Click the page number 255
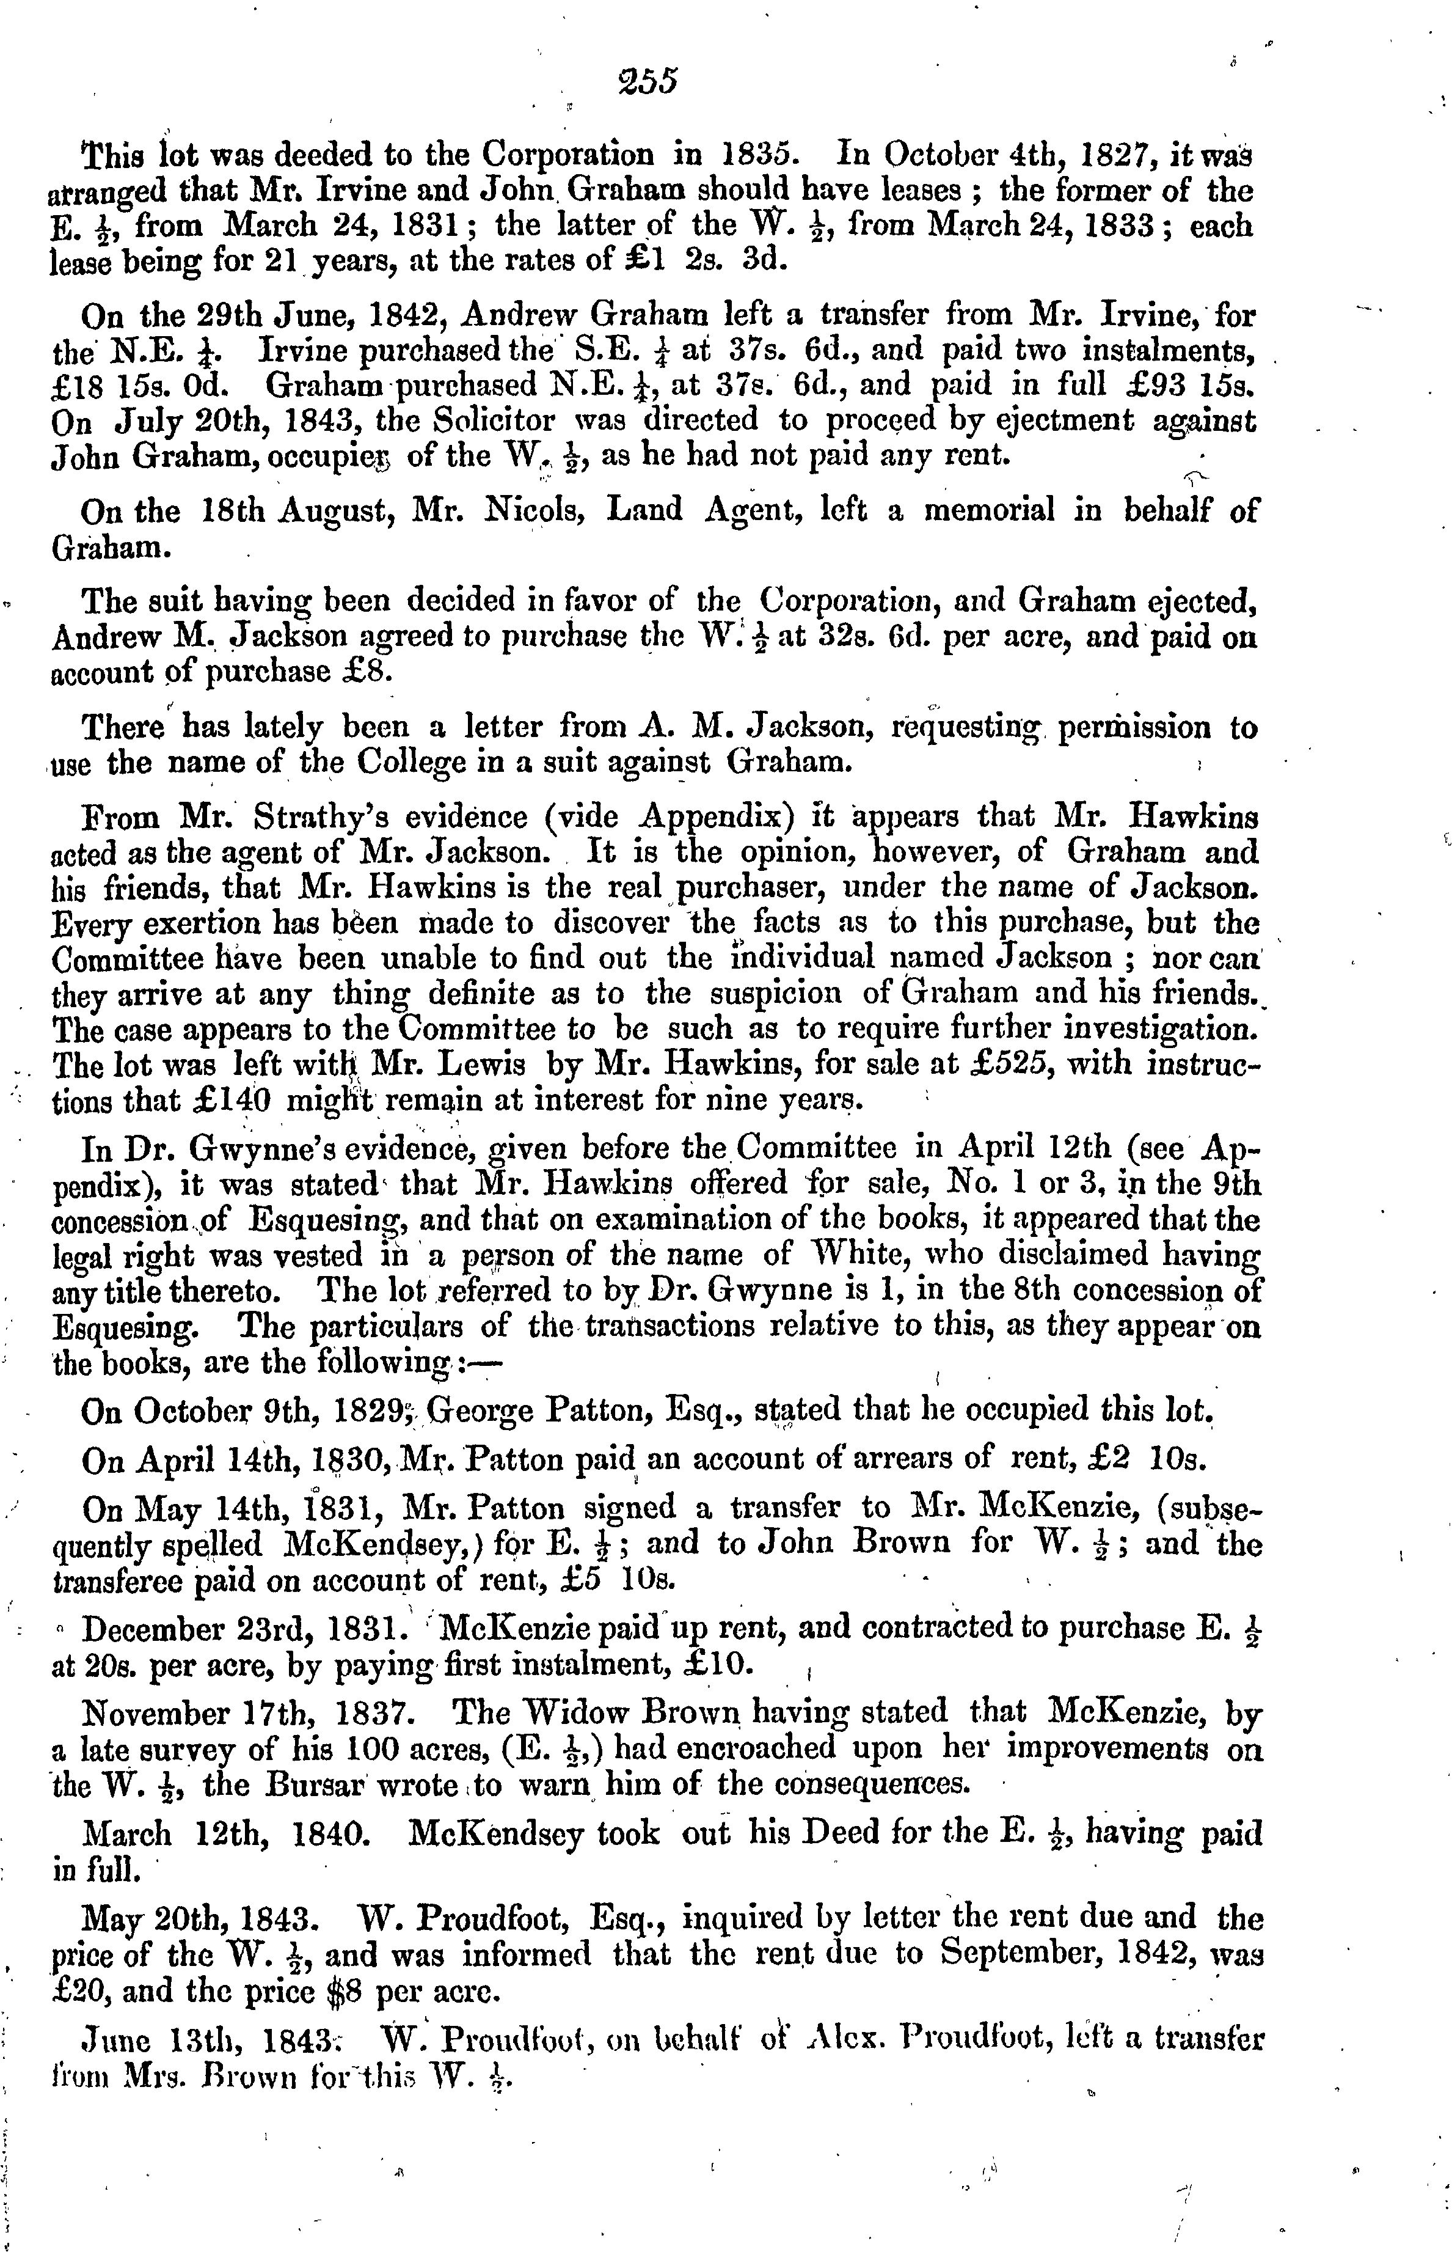coord(648,81)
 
